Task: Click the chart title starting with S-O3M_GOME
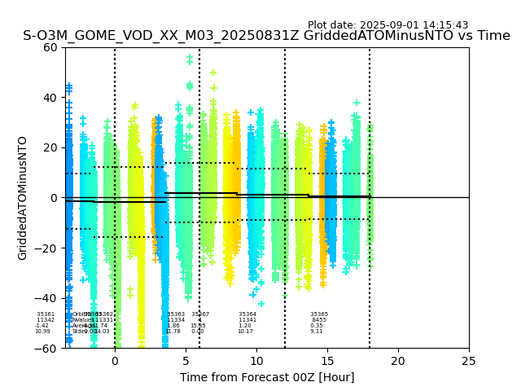click(266, 36)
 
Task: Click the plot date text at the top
click(387, 25)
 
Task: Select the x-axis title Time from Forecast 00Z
click(267, 377)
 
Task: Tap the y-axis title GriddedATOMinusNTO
click(23, 198)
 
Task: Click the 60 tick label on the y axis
click(50, 47)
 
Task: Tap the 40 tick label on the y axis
click(50, 98)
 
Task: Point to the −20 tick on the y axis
click(47, 248)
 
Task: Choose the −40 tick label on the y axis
click(47, 298)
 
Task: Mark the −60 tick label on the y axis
click(47, 349)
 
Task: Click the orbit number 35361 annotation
click(46, 314)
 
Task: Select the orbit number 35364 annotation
click(247, 314)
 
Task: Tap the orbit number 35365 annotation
click(319, 314)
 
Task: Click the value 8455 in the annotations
click(319, 320)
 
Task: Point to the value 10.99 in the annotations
click(42, 332)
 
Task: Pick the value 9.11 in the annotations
click(317, 332)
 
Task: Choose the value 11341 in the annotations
click(247, 320)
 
